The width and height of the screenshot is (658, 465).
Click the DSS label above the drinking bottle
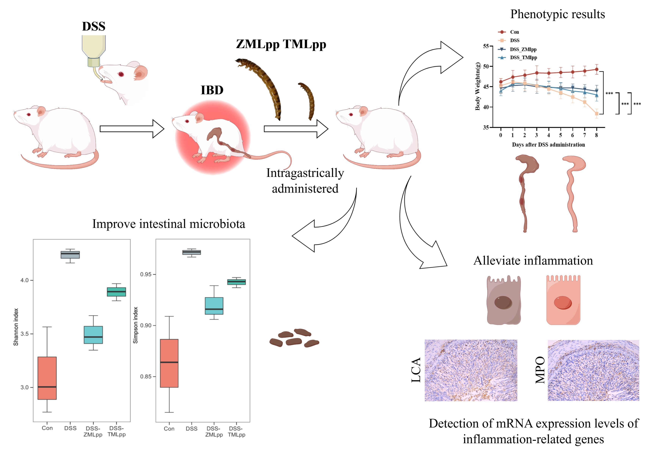[x=94, y=26]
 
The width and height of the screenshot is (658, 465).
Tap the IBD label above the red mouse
[x=212, y=90]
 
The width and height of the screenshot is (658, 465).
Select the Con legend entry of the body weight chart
[x=514, y=32]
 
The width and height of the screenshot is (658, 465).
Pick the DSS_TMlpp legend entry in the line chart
[x=523, y=58]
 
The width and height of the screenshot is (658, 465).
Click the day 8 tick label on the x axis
[x=596, y=135]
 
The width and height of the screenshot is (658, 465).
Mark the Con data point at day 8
[x=597, y=69]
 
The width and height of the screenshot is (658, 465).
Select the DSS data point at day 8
[x=597, y=114]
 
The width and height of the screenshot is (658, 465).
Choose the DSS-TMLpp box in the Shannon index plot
[x=116, y=292]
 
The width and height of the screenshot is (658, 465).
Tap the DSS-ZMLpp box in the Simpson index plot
[x=214, y=306]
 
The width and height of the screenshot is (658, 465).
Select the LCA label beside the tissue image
[x=416, y=370]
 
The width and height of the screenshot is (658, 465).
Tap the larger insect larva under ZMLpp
[x=264, y=86]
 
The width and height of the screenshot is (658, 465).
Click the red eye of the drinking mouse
[x=121, y=74]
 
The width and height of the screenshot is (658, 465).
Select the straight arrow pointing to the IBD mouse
[x=132, y=129]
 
